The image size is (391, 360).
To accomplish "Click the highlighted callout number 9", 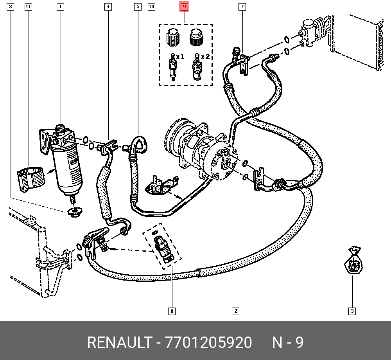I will (x=184, y=7).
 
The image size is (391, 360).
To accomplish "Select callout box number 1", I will (x=60, y=7).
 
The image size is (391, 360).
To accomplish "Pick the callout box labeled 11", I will (x=28, y=7).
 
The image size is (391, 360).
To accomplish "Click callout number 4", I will (x=108, y=7).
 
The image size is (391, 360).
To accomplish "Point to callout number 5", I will (x=138, y=7).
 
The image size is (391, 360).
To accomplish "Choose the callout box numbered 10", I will (x=152, y=7).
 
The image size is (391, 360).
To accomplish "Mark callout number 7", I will (x=242, y=7).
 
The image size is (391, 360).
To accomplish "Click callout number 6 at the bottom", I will (x=172, y=311).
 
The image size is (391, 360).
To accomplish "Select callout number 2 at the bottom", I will (x=235, y=311).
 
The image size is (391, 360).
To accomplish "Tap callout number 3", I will (x=352, y=311).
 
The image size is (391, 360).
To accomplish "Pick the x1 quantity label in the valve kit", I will (x=180, y=57).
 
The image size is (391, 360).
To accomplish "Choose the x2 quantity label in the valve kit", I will (x=206, y=57).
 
